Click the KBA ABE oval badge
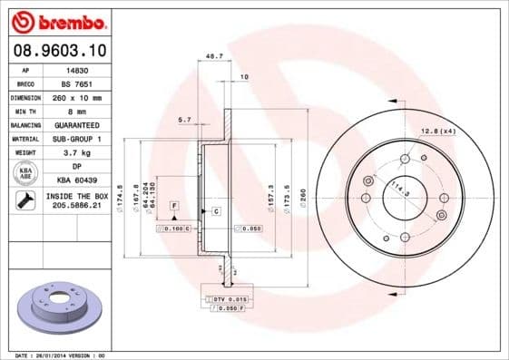pos(24,174)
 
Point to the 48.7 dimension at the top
pos(215,56)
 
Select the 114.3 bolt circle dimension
pos(396,190)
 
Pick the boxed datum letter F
pos(172,207)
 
